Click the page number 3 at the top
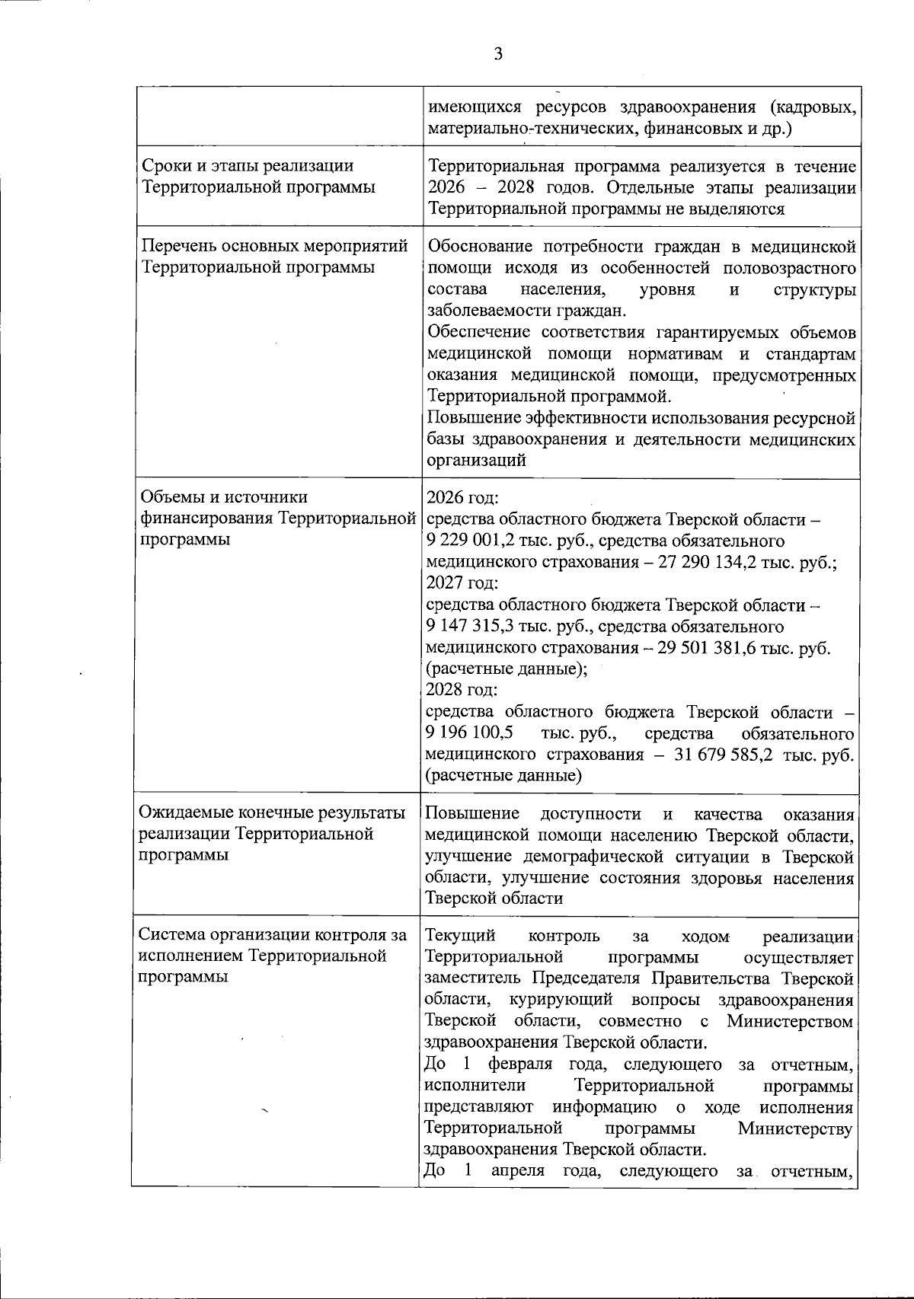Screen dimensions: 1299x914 498,54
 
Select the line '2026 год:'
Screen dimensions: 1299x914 462,499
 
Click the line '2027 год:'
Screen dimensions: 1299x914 462,584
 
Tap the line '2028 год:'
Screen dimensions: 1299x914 462,691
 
